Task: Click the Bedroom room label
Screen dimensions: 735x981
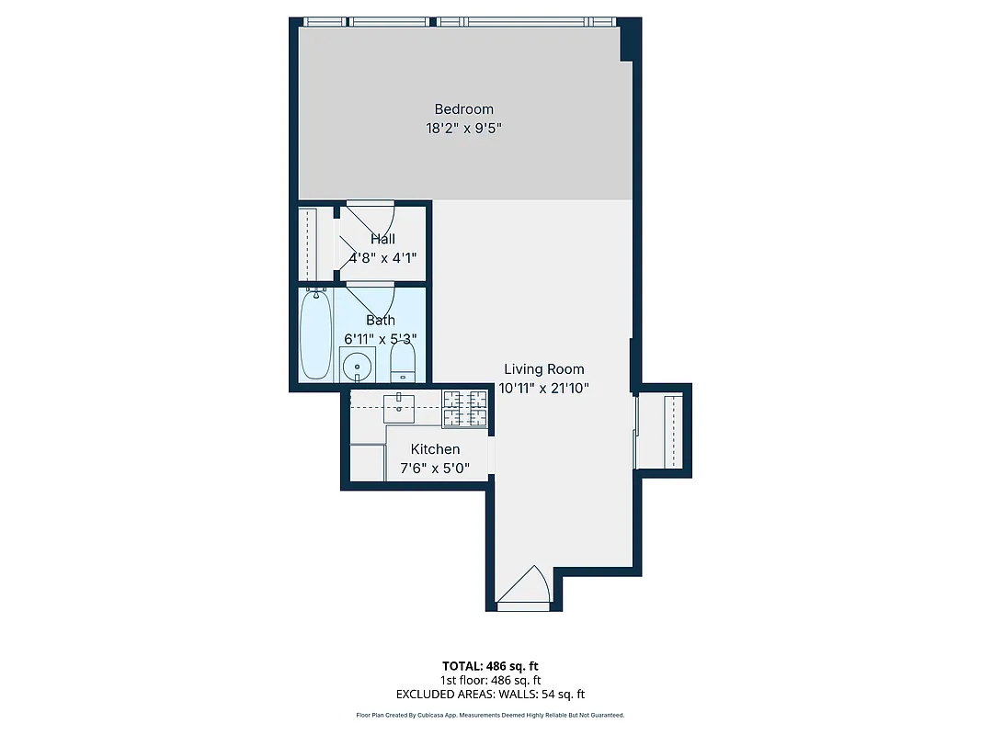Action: click(x=463, y=109)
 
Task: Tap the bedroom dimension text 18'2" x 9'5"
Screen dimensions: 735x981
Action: click(x=463, y=129)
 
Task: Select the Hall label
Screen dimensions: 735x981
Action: click(x=382, y=239)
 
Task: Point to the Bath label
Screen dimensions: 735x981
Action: click(x=381, y=320)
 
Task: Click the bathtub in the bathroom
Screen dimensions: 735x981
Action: click(x=315, y=334)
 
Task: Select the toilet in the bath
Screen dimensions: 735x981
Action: click(x=404, y=363)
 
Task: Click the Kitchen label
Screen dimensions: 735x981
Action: click(x=435, y=449)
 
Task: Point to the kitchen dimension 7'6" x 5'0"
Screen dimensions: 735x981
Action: click(x=435, y=469)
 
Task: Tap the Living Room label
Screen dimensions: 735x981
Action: click(x=543, y=369)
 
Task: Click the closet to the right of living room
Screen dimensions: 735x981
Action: click(x=661, y=430)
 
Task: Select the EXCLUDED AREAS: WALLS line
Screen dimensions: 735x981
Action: click(x=490, y=695)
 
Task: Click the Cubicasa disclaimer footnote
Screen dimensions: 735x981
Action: click(x=490, y=715)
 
